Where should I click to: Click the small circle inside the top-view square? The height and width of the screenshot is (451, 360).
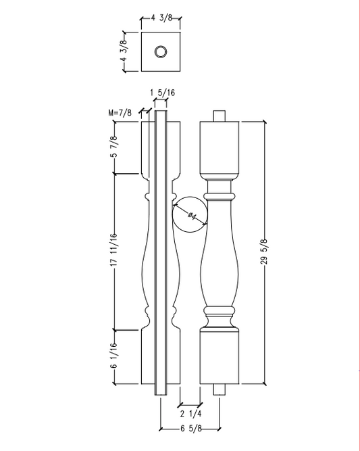(161, 51)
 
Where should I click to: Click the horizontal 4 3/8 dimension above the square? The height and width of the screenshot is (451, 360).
(161, 19)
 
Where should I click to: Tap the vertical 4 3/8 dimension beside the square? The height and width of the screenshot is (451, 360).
(124, 51)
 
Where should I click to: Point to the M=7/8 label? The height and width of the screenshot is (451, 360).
(120, 113)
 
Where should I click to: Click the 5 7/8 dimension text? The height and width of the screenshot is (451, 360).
(114, 147)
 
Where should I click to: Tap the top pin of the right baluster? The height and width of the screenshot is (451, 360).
(220, 116)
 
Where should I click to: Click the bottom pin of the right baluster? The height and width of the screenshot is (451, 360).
(220, 389)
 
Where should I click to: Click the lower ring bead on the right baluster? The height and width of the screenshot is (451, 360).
(220, 312)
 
